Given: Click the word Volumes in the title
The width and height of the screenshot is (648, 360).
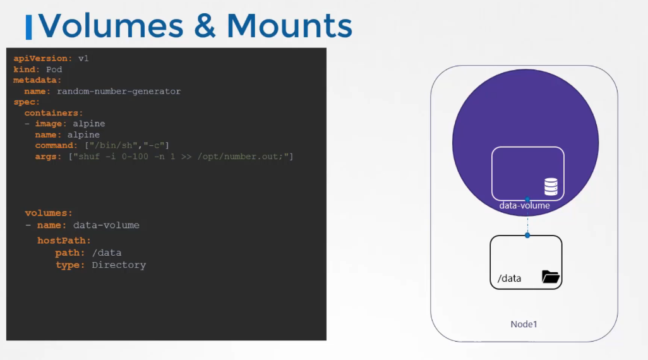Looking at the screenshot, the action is click(111, 26).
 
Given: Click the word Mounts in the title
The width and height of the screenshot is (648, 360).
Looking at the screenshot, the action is click(289, 26).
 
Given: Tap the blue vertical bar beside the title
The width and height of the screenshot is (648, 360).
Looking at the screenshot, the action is click(28, 27).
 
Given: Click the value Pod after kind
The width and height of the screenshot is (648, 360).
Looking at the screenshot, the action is click(54, 69).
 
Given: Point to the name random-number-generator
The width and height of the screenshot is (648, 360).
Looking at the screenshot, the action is click(119, 92).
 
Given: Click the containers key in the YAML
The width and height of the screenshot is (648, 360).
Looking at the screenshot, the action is click(54, 113).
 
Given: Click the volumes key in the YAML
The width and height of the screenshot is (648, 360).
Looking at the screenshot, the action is click(49, 213).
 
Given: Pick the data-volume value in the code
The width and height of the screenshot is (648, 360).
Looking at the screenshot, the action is click(106, 225).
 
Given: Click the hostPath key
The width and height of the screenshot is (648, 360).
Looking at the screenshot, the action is click(64, 241).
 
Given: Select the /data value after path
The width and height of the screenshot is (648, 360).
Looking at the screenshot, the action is click(107, 253).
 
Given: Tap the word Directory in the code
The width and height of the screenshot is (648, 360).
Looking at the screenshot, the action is click(119, 265).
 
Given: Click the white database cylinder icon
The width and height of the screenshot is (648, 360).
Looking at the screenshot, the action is click(551, 186).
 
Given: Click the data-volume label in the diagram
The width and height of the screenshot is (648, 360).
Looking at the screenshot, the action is click(524, 205).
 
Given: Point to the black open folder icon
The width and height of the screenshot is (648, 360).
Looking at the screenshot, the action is click(551, 277).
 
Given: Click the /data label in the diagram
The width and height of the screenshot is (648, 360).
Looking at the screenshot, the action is click(509, 278).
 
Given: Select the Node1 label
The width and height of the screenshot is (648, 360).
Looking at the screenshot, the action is click(524, 324).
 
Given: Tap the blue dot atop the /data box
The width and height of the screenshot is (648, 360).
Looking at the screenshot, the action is click(527, 235).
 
